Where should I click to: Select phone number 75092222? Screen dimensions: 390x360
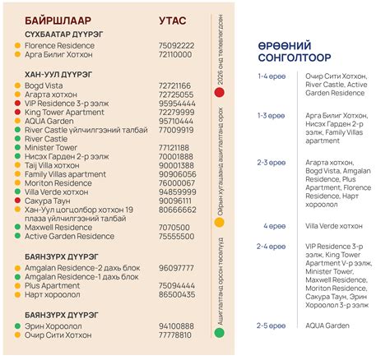(x=175, y=45)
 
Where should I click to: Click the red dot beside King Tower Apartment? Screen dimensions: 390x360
(x=18, y=112)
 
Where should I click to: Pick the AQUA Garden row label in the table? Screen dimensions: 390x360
(x=49, y=120)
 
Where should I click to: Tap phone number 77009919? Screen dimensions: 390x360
(x=175, y=130)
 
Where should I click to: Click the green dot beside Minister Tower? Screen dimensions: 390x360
(x=18, y=148)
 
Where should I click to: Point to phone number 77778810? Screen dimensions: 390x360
(x=175, y=335)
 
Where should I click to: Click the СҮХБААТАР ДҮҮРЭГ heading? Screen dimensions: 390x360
(x=63, y=34)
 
